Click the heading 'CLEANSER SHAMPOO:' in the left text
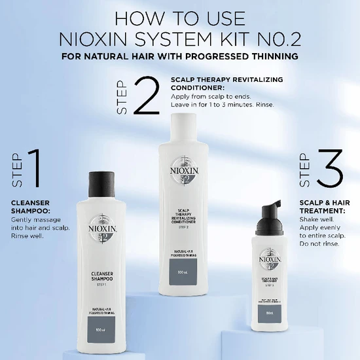30,206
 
